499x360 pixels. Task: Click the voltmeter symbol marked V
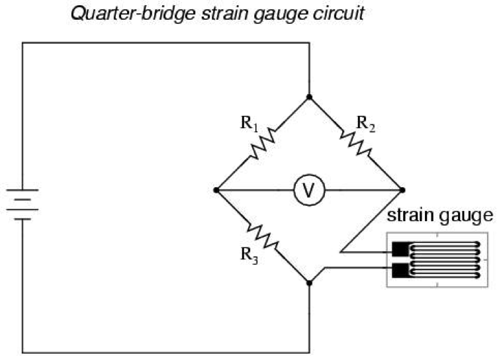[x=308, y=191]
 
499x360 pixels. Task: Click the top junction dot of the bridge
[x=308, y=97]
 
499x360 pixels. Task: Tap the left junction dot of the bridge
[x=216, y=191]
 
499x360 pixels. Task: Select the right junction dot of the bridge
[x=401, y=191]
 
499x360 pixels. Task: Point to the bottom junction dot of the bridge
[x=308, y=283]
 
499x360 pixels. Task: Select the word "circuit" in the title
[x=341, y=13]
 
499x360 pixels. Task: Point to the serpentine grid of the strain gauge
[x=445, y=260]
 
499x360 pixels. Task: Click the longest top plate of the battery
[x=23, y=191]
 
